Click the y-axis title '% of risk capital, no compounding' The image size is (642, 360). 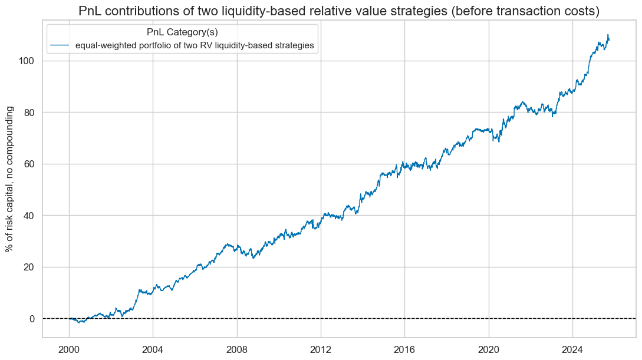pyautogui.click(x=10, y=186)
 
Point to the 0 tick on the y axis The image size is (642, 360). pyautogui.click(x=32, y=319)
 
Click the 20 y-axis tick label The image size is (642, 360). pyautogui.click(x=29, y=267)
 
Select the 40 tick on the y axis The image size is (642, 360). pyautogui.click(x=29, y=216)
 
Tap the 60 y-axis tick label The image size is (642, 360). pyautogui.click(x=29, y=164)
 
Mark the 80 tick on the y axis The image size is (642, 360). pyautogui.click(x=29, y=113)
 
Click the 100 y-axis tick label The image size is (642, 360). pyautogui.click(x=27, y=61)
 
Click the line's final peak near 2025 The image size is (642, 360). pyautogui.click(x=608, y=35)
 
